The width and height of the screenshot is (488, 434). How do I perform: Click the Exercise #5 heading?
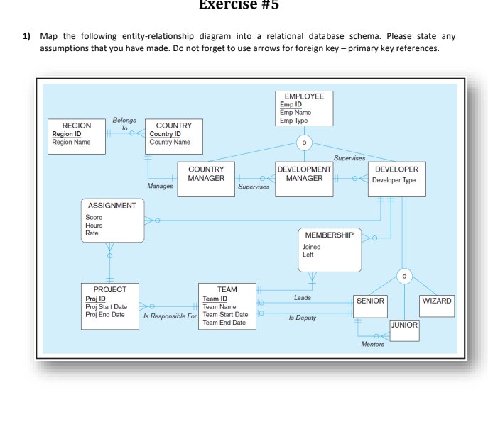[x=238, y=5]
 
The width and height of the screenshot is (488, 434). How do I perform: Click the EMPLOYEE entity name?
[x=303, y=96]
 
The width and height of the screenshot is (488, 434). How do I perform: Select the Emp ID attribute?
[x=291, y=104]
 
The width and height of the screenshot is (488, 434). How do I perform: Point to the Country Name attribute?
[x=170, y=142]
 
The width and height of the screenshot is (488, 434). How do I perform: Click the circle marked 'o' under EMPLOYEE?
[x=304, y=142]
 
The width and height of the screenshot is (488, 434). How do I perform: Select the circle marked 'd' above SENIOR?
[x=404, y=274]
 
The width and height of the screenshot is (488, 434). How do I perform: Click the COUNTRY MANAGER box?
[x=206, y=174]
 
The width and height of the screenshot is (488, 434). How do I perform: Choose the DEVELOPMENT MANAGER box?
[x=304, y=174]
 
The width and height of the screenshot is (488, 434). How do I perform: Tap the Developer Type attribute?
[x=395, y=180]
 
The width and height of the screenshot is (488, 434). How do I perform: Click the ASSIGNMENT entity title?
[x=112, y=205]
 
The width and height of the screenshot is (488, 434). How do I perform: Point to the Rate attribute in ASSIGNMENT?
[x=92, y=233]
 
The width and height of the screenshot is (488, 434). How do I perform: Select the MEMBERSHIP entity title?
[x=329, y=235]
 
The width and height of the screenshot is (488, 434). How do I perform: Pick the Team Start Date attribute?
[x=225, y=315]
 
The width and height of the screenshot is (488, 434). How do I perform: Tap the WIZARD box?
[x=436, y=301]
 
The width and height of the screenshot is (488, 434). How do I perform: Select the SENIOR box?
[x=370, y=301]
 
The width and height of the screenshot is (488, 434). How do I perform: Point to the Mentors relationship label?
[x=372, y=344]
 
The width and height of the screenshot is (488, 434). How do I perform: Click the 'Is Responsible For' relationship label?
[x=170, y=316]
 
